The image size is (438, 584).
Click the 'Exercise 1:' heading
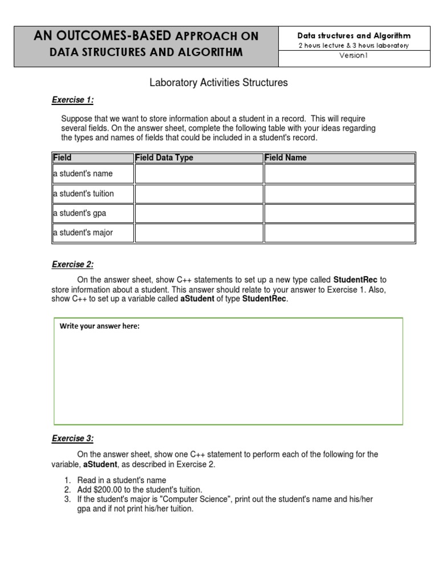[72, 100]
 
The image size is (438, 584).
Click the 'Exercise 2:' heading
[72, 265]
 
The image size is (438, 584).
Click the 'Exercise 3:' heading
[72, 439]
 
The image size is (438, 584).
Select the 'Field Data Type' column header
[164, 158]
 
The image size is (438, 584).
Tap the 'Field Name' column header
[286, 158]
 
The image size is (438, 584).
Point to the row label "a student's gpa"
[80, 213]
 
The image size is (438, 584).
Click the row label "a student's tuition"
[83, 194]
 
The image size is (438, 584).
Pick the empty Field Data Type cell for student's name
[198, 174]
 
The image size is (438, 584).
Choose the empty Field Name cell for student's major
[339, 233]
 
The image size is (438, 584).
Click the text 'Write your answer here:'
[100, 326]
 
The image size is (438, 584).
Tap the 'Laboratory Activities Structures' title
[218, 83]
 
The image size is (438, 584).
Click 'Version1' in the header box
[354, 56]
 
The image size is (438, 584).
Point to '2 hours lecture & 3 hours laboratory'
[354, 46]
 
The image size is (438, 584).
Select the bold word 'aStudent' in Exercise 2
[197, 299]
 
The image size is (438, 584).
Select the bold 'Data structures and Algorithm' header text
[354, 35]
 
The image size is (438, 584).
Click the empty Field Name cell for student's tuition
[339, 194]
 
